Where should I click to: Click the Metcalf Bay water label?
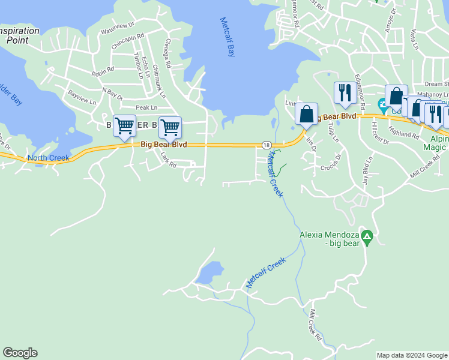point(228,37)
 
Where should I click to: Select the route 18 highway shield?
point(265,145)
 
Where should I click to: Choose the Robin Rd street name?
point(103,72)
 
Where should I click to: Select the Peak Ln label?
point(146,107)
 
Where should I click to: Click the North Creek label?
point(49,158)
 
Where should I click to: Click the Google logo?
point(20,353)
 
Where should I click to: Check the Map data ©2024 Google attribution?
point(412,355)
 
